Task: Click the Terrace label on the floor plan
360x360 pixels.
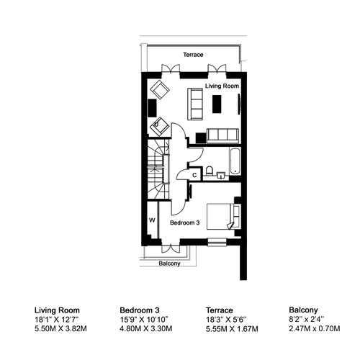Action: point(193,55)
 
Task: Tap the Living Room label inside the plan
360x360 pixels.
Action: point(222,86)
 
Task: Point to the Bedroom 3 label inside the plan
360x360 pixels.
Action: point(185,222)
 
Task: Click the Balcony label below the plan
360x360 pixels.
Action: point(169,264)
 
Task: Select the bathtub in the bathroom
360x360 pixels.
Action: point(235,161)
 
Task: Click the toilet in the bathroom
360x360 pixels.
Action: point(210,171)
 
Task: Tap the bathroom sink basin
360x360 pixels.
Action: point(221,175)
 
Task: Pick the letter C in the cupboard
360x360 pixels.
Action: point(194,175)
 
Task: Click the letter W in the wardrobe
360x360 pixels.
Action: point(152,220)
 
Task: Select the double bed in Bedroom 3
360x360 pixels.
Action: point(223,217)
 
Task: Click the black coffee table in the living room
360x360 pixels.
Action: point(217,104)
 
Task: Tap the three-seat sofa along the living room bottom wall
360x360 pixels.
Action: point(222,135)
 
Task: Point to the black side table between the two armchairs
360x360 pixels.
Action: point(153,108)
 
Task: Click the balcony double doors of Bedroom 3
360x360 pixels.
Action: point(171,248)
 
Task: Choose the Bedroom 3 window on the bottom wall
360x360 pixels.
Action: point(217,242)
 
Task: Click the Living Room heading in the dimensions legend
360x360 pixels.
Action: point(57,310)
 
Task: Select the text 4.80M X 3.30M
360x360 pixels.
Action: point(146,328)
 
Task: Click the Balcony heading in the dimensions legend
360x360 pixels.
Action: point(303,310)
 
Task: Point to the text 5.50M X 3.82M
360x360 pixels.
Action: point(60,328)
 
